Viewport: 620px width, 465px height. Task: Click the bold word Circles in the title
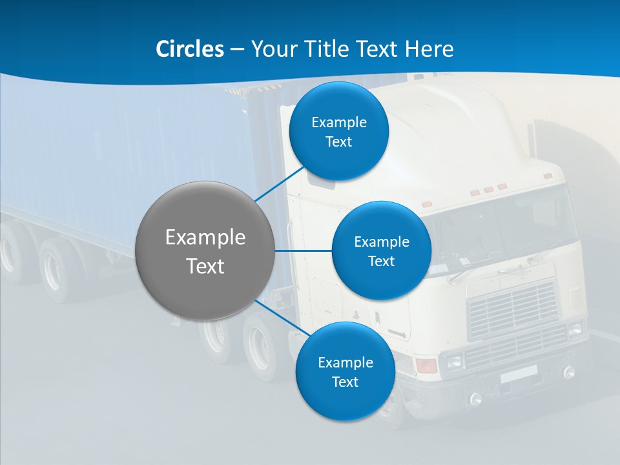(189, 49)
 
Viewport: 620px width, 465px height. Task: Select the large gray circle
(205, 251)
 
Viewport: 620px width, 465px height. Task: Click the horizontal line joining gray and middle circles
(303, 251)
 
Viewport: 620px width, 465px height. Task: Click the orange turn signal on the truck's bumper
(427, 366)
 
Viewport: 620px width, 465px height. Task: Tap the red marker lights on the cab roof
(488, 189)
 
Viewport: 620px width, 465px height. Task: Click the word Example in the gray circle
(205, 238)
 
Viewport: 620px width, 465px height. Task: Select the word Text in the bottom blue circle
(345, 382)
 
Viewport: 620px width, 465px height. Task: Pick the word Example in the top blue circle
(338, 122)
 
